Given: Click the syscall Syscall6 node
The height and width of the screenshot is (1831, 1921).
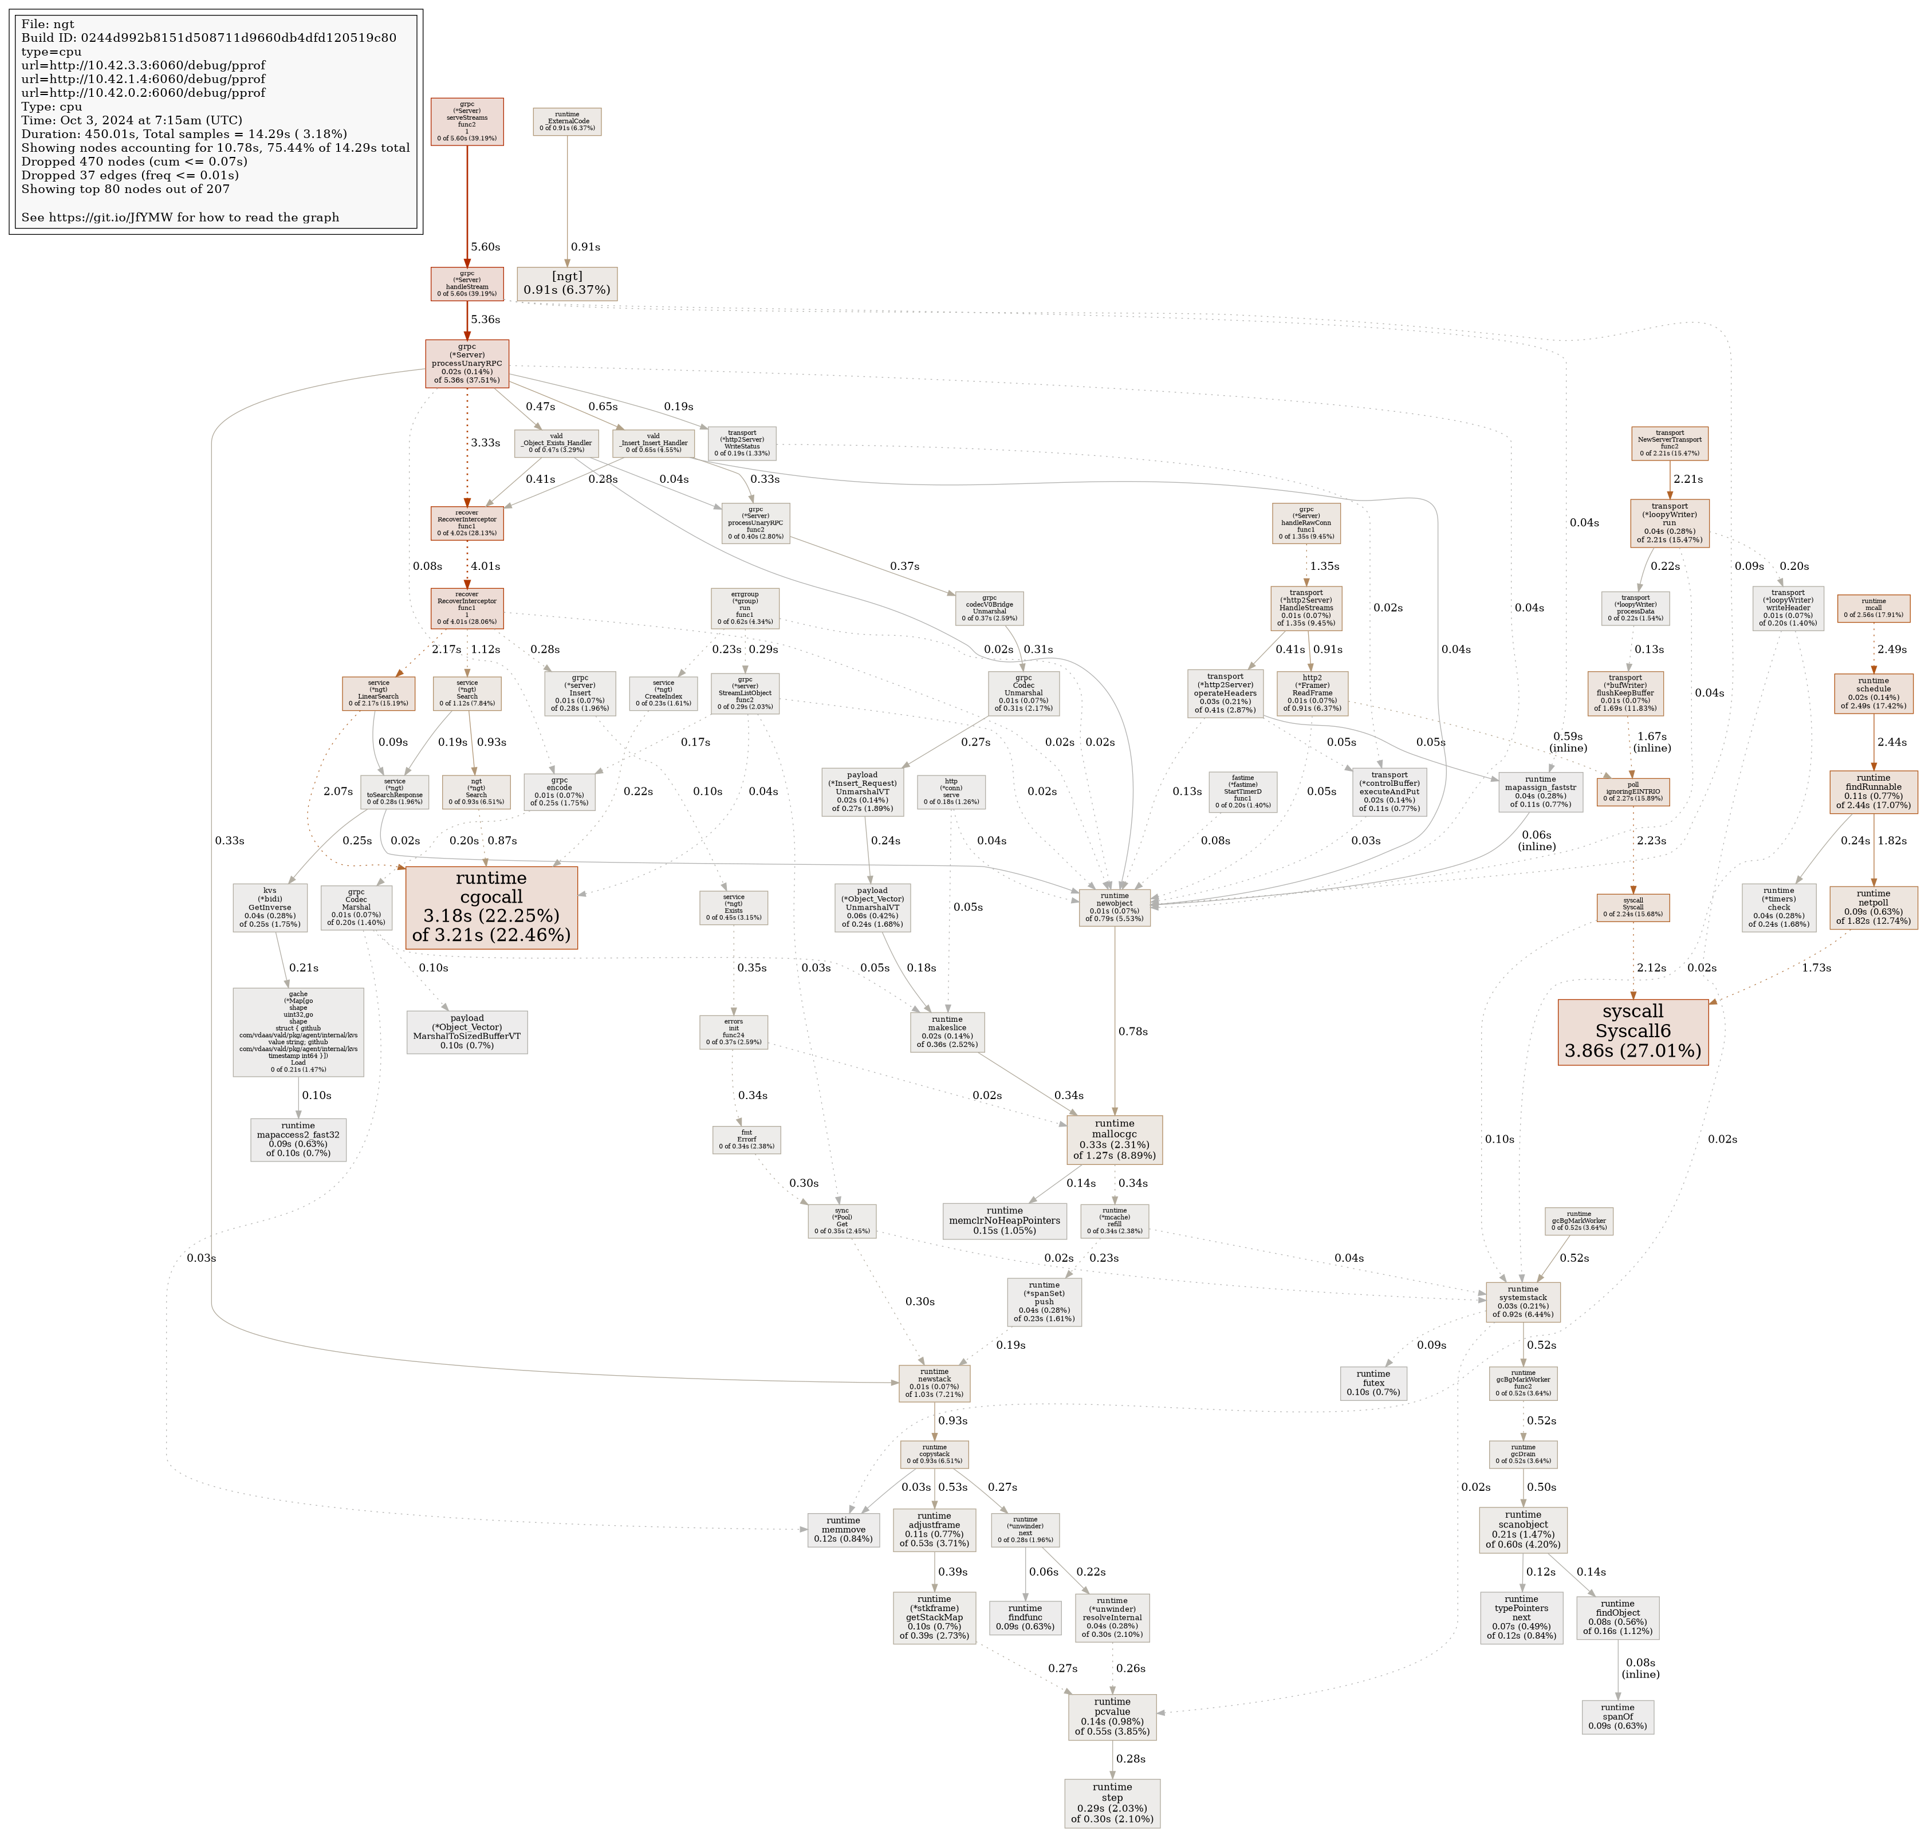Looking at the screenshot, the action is coord(1632,1031).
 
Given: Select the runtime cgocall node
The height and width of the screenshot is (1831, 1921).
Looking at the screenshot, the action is coord(491,907).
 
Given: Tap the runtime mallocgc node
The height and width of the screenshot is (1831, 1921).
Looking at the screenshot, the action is coord(1114,1139).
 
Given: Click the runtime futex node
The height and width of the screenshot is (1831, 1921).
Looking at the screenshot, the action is coord(1372,1383).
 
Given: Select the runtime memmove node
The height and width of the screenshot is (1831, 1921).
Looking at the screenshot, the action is coord(843,1529).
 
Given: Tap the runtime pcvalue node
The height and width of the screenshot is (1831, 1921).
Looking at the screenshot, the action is coord(1112,1717).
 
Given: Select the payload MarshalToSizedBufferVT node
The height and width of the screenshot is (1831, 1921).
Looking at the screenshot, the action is coord(467,1031).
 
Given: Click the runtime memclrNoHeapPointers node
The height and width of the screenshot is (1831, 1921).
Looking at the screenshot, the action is coord(1005,1220).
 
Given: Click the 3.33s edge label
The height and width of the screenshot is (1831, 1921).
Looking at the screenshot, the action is coord(485,442).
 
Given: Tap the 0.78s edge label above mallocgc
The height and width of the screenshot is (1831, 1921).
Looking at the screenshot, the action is coord(1132,1031).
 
